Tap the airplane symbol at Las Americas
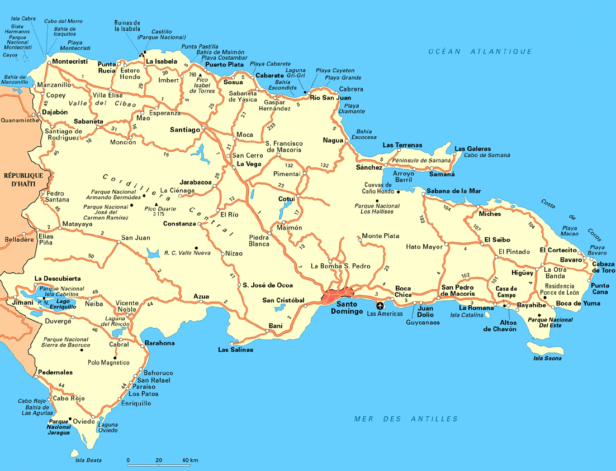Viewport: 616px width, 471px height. pyautogui.click(x=380, y=305)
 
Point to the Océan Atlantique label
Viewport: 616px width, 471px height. pyautogui.click(x=480, y=51)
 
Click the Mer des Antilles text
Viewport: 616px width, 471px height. pyautogui.click(x=406, y=419)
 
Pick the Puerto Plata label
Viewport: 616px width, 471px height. pyautogui.click(x=224, y=65)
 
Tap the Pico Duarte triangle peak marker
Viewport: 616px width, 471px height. pyautogui.click(x=157, y=204)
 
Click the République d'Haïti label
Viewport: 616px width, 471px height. pyautogui.click(x=18, y=180)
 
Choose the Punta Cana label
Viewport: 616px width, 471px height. pyautogui.click(x=601, y=289)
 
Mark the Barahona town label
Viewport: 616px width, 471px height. pyautogui.click(x=159, y=343)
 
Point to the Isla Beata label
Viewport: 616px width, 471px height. pyautogui.click(x=88, y=460)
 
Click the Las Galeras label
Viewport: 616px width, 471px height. pyautogui.click(x=472, y=149)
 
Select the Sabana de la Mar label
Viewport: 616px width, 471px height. pyautogui.click(x=453, y=191)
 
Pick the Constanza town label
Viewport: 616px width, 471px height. pyautogui.click(x=179, y=224)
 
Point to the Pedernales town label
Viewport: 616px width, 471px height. pyautogui.click(x=55, y=372)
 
